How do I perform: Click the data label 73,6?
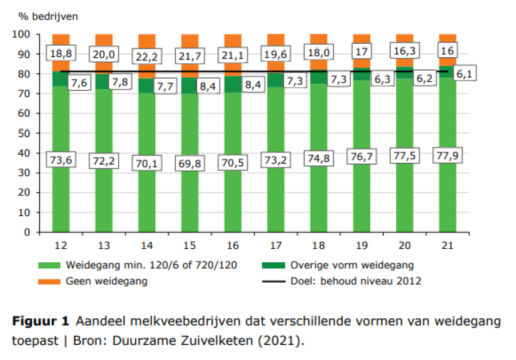60,161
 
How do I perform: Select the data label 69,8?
191,163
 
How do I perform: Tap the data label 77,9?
447,155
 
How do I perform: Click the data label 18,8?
60,53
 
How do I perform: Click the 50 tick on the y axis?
24,133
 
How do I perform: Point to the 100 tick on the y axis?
22,34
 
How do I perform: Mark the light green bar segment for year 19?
361,197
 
